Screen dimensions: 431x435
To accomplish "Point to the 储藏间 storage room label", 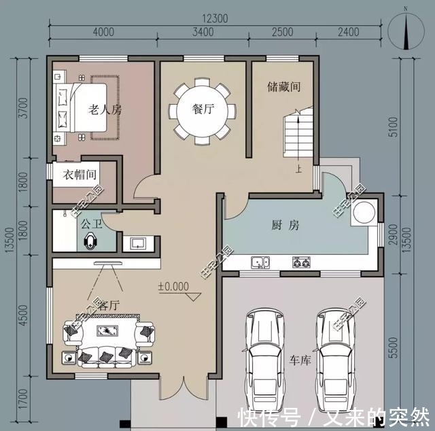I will coord(283,87).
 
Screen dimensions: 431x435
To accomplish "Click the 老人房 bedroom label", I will coord(105,109).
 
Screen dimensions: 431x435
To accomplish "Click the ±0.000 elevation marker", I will coord(173,286).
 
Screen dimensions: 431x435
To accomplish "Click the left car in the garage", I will coord(265,354).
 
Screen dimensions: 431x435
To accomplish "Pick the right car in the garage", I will coord(336,354).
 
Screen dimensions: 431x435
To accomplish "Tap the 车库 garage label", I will coord(300,360).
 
